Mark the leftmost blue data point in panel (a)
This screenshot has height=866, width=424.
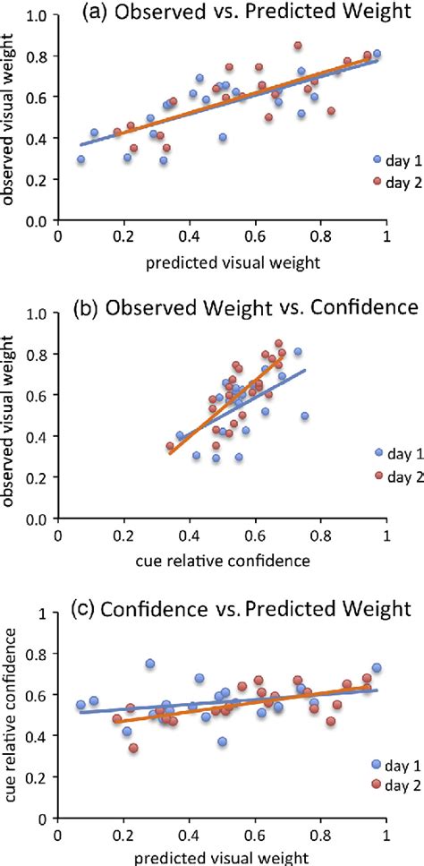coord(81,159)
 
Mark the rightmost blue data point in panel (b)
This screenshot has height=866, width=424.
coord(305,416)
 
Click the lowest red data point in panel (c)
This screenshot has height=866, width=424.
coord(134,748)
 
